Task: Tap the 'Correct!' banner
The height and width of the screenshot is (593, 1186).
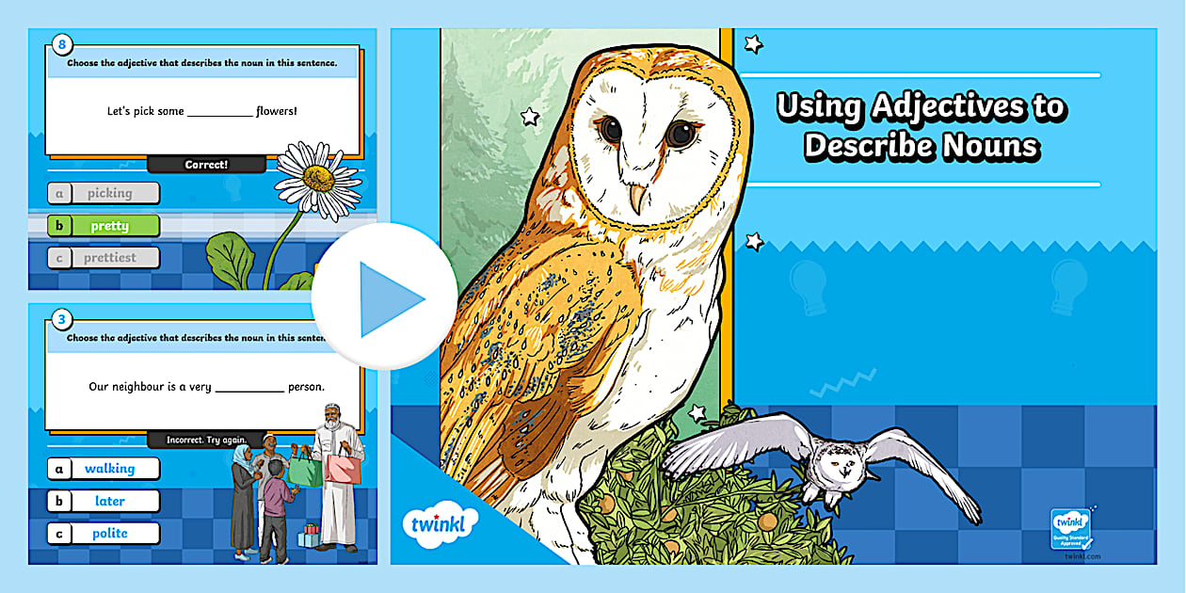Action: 206,165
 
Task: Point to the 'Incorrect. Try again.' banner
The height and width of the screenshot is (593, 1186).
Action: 206,440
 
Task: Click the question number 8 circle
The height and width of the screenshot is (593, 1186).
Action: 62,43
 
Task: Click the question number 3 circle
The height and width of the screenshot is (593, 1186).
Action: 62,319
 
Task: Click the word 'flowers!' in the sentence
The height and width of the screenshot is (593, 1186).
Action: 277,111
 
